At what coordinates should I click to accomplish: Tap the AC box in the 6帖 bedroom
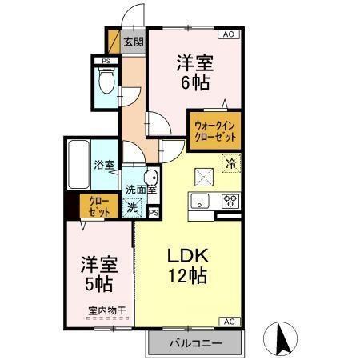point(227,34)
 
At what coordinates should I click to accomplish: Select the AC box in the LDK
point(227,321)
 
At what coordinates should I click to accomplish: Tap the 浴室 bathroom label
point(104,165)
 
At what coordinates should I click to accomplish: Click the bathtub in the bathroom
point(78,165)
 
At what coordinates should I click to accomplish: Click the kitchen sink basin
point(200,200)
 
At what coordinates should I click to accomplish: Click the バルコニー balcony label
point(194,343)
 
